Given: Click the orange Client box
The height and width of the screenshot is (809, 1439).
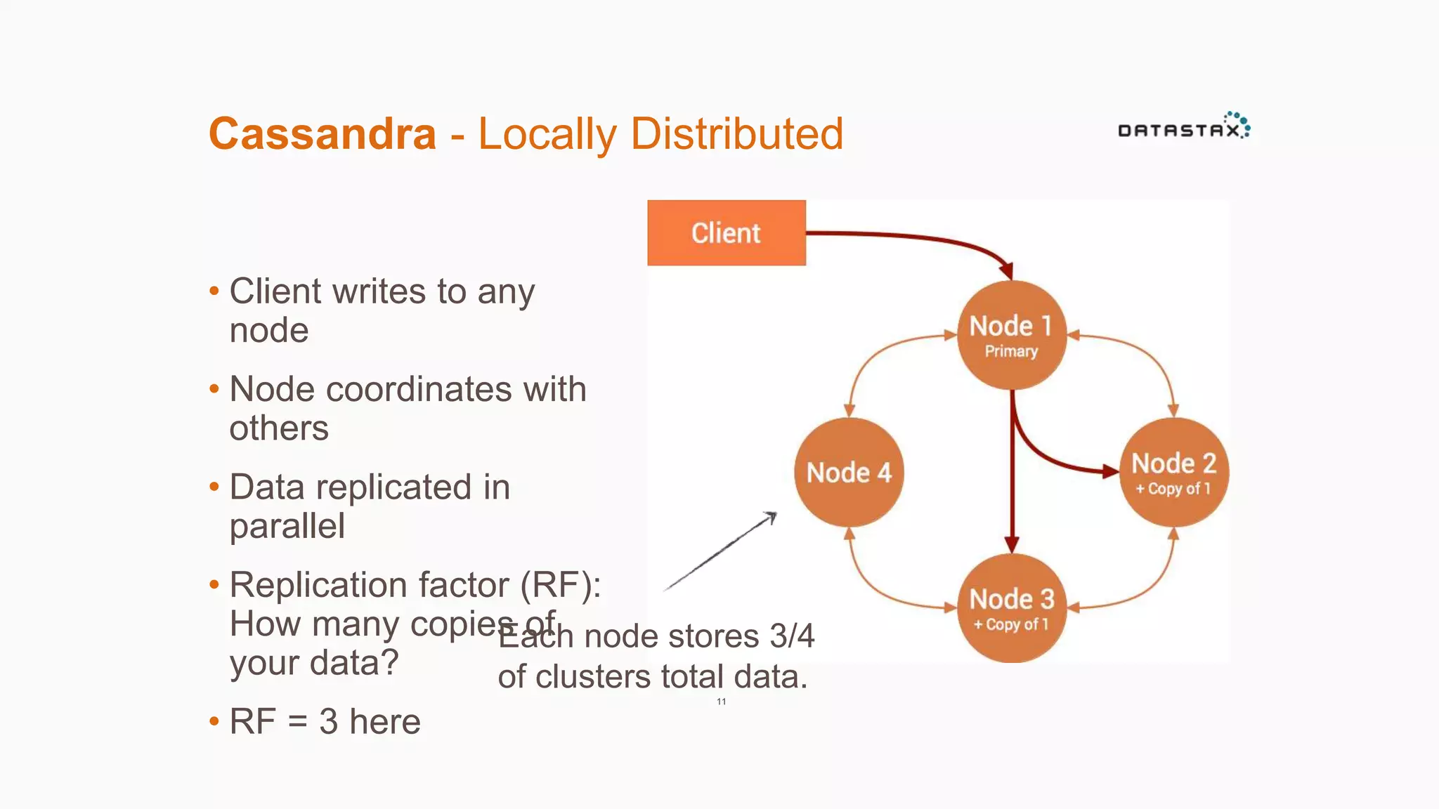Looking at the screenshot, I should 726,233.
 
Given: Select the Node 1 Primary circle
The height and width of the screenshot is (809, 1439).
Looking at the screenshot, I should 1011,335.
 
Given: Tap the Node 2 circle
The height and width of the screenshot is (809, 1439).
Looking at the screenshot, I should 1174,472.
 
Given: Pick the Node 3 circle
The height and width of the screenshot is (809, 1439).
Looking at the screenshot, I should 1011,608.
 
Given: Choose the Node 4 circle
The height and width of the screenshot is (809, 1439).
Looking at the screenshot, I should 849,472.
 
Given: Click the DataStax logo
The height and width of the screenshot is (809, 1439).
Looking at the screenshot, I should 1183,127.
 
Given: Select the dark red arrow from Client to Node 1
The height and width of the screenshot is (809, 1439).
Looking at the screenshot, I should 913,237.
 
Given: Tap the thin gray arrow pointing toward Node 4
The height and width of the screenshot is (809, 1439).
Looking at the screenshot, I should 720,552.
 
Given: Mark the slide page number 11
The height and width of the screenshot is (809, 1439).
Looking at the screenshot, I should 721,702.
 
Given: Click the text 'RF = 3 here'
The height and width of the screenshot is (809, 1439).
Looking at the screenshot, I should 325,721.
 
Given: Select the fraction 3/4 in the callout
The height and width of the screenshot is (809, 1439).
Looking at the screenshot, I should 791,636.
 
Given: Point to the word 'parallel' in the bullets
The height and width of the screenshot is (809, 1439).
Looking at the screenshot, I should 287,526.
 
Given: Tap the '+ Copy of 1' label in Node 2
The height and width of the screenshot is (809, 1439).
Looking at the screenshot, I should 1173,489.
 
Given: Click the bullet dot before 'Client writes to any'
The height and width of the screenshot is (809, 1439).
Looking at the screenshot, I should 214,291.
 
